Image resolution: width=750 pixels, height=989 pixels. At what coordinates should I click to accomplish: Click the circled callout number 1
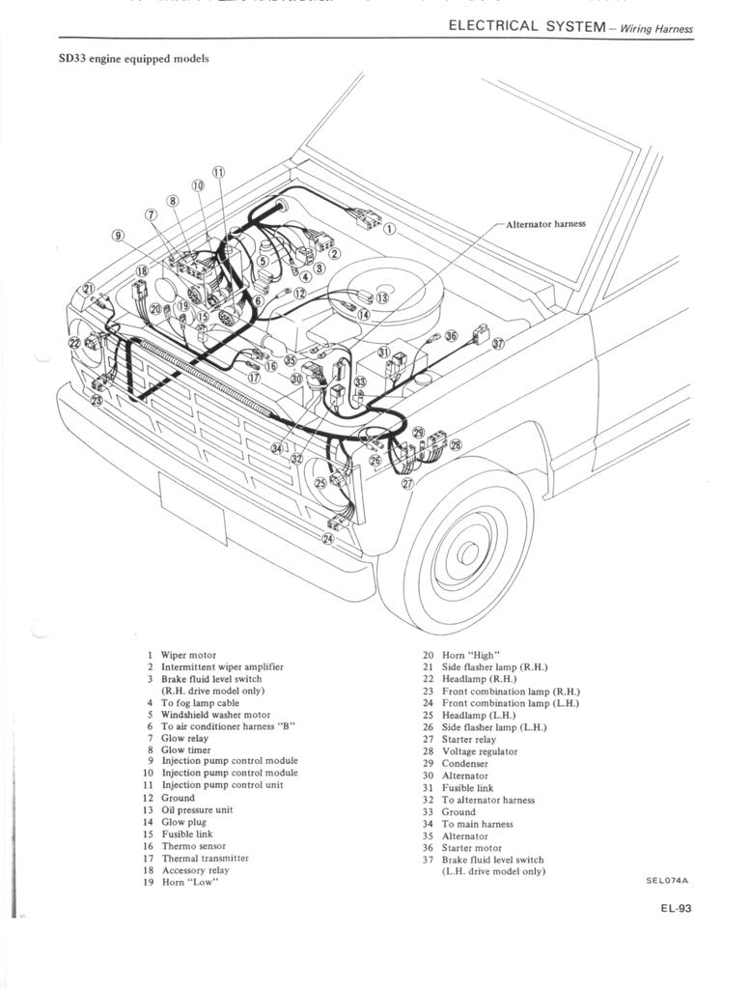pos(389,230)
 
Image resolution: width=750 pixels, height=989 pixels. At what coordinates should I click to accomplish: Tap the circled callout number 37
pos(498,344)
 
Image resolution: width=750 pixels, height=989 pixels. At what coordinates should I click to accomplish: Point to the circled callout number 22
pos(74,342)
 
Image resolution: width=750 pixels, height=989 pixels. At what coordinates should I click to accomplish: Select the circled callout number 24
pos(328,538)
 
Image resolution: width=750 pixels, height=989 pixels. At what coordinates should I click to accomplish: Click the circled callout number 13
pos(381,297)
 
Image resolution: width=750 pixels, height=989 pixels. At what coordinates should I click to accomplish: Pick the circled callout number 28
pos(456,445)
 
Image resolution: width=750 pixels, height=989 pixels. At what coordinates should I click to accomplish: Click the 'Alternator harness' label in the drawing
pos(545,224)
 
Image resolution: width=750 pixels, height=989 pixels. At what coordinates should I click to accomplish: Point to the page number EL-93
pos(675,908)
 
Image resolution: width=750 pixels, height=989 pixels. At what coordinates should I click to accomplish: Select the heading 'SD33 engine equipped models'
pos(134,59)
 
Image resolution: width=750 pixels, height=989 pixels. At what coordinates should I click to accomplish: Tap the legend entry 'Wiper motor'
pos(188,655)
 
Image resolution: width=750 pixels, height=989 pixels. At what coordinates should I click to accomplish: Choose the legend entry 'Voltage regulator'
pos(479,751)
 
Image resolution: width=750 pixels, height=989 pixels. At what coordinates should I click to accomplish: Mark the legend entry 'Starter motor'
pos(471,848)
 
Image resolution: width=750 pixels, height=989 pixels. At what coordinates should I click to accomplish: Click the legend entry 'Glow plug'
pos(183,822)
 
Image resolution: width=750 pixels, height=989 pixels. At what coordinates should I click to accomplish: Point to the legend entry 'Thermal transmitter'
pos(205,858)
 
